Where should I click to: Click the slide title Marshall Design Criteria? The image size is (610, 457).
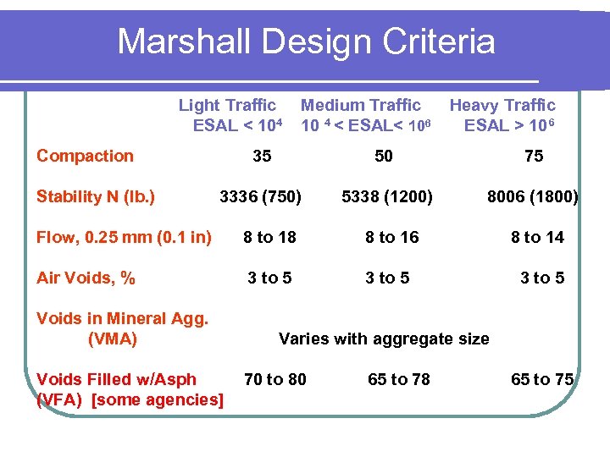pyautogui.click(x=306, y=41)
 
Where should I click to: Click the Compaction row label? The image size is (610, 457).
pyautogui.click(x=85, y=156)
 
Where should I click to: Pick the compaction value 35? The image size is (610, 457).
pyautogui.click(x=263, y=156)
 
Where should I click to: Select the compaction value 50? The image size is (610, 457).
pyautogui.click(x=384, y=156)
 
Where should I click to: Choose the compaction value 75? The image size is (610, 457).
pyautogui.click(x=534, y=156)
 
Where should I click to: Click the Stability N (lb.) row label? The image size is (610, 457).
pyautogui.click(x=96, y=197)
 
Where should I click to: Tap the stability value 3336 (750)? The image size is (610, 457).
pyautogui.click(x=260, y=197)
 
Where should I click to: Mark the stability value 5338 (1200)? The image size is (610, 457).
pyautogui.click(x=386, y=197)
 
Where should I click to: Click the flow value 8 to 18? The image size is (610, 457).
pyautogui.click(x=269, y=238)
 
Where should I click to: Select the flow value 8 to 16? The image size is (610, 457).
pyautogui.click(x=392, y=238)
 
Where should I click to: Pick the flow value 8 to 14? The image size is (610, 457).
pyautogui.click(x=537, y=238)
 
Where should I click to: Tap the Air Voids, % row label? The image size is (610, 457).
pyautogui.click(x=86, y=278)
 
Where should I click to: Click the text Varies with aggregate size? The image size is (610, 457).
pyautogui.click(x=384, y=339)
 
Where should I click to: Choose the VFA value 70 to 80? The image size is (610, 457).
pyautogui.click(x=275, y=379)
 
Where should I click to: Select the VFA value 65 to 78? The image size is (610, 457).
pyautogui.click(x=399, y=379)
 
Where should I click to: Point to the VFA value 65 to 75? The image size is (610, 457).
pyautogui.click(x=542, y=379)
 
